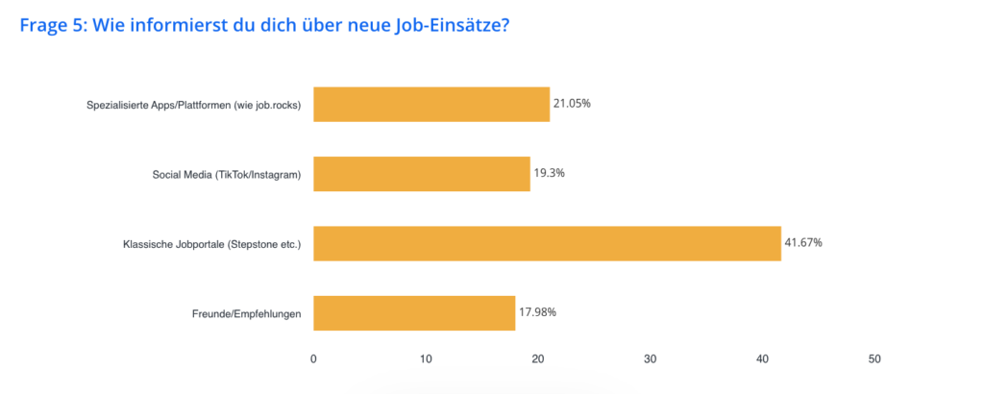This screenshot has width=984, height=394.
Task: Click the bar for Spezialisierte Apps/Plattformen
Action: click(431, 105)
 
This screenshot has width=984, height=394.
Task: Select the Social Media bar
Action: click(422, 174)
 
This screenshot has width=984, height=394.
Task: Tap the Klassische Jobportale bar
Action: click(547, 243)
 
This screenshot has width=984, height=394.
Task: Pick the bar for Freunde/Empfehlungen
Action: click(414, 312)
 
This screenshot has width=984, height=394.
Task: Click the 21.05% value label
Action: click(572, 104)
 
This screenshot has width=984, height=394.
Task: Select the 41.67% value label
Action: click(803, 242)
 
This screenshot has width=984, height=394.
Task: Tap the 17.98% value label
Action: click(537, 311)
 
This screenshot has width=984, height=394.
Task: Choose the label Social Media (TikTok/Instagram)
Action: click(227, 175)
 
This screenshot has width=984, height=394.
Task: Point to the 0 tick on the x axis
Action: click(313, 358)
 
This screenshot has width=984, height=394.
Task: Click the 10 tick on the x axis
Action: click(426, 358)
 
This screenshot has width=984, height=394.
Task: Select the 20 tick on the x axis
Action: click(538, 358)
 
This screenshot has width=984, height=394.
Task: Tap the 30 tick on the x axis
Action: click(651, 358)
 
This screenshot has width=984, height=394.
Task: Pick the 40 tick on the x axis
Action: click(762, 358)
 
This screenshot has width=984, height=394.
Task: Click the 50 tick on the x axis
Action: click(874, 358)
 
